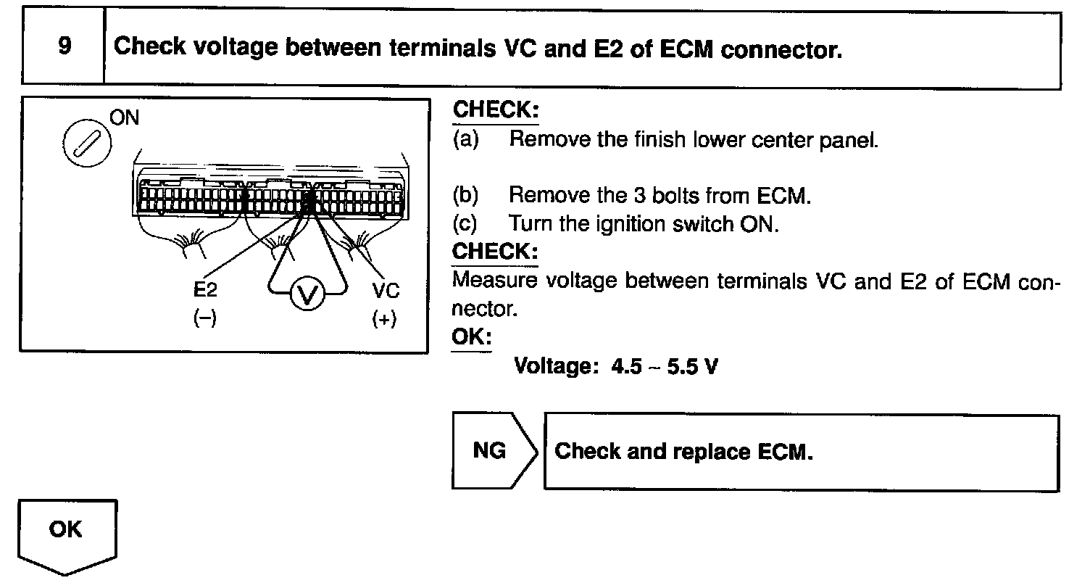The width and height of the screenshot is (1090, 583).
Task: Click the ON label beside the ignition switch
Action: [x=124, y=118]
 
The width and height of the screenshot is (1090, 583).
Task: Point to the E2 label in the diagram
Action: [x=205, y=290]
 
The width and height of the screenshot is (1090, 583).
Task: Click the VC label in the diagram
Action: [x=385, y=290]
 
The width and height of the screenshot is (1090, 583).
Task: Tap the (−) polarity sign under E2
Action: [x=205, y=318]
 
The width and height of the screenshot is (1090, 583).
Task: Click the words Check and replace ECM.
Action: [x=683, y=452]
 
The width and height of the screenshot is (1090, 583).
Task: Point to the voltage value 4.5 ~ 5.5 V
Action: [x=665, y=366]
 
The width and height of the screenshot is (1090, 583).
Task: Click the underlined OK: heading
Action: [x=471, y=337]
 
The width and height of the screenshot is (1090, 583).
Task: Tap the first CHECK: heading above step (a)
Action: [x=496, y=111]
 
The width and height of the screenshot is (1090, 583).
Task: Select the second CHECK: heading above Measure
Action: [x=496, y=252]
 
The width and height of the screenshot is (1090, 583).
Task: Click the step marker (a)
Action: [x=466, y=139]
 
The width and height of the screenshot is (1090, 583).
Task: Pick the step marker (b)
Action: [x=466, y=195]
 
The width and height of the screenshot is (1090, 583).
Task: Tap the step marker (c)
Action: [x=466, y=223]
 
